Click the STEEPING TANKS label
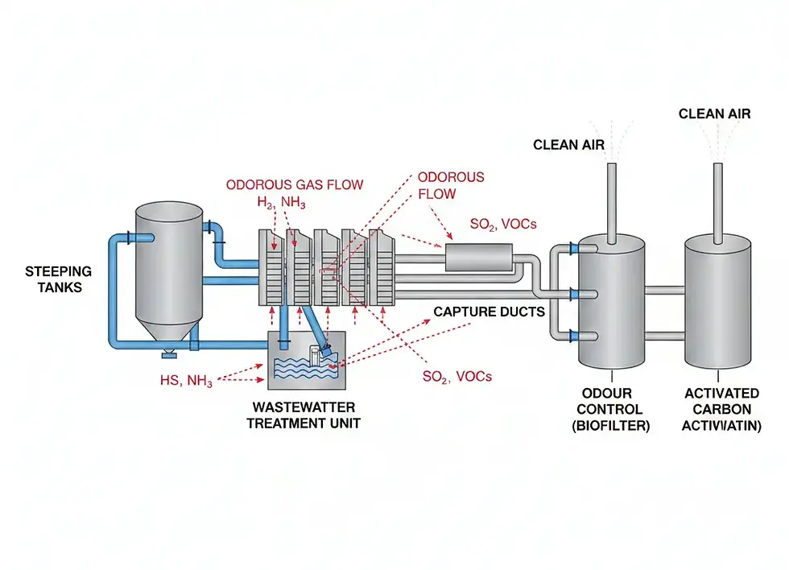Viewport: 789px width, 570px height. pos(58,279)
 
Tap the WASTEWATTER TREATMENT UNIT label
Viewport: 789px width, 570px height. pos(304,415)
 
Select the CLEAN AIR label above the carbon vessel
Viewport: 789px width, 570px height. pos(714,114)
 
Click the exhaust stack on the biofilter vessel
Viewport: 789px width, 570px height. pos(611,201)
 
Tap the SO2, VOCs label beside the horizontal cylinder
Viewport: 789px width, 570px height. pos(502,223)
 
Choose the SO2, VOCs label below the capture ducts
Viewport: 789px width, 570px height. pos(456,376)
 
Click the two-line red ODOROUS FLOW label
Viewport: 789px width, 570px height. pos(450,185)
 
